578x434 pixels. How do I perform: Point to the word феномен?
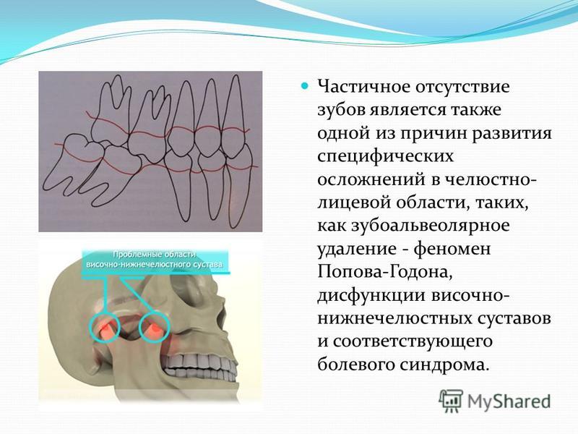click(452, 249)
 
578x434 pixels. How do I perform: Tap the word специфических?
click(386, 157)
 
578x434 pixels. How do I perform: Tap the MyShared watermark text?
click(509, 401)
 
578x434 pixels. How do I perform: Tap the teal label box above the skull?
click(155, 262)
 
